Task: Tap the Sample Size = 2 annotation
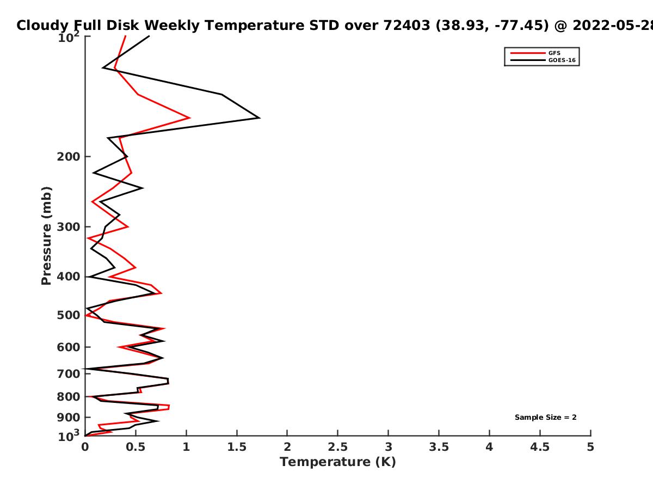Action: [x=545, y=418]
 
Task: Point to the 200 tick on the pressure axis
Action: [x=69, y=156]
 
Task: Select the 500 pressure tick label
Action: [x=69, y=315]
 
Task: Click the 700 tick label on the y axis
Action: [x=69, y=374]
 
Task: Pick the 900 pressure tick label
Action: [x=69, y=418]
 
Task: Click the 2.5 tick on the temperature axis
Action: [x=338, y=447]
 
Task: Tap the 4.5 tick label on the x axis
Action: [x=540, y=447]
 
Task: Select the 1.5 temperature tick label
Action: [x=237, y=447]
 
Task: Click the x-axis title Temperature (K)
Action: [x=338, y=462]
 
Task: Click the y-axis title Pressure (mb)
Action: [x=46, y=236]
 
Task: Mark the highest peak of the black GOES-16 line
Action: [x=260, y=118]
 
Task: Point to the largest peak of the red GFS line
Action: [x=190, y=118]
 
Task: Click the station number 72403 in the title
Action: [x=406, y=26]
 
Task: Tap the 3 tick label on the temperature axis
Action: [x=388, y=447]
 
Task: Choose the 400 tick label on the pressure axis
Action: [x=69, y=277]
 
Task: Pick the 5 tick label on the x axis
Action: [x=590, y=447]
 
